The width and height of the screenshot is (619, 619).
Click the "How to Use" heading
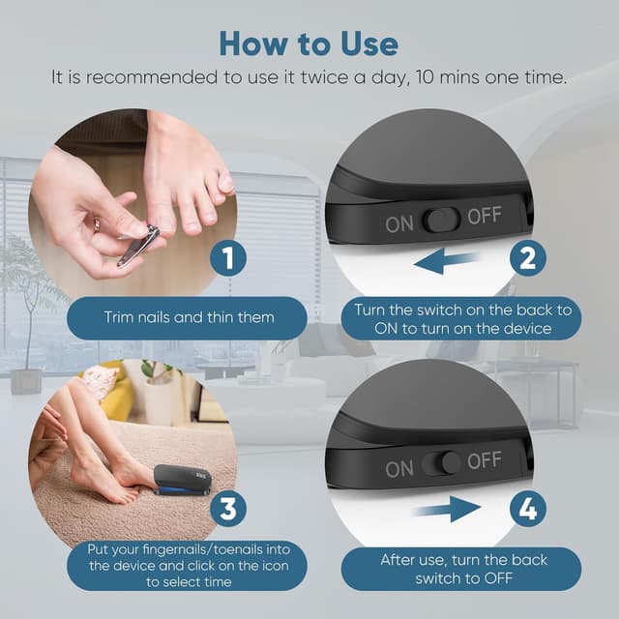pyautogui.click(x=309, y=44)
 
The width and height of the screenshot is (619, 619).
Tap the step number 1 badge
pyautogui.click(x=228, y=259)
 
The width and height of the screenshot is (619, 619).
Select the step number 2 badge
pyautogui.click(x=528, y=259)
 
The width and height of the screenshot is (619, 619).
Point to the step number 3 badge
pyautogui.click(x=228, y=509)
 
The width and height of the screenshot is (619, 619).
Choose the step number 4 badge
pyautogui.click(x=528, y=509)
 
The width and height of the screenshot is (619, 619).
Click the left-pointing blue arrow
pyautogui.click(x=447, y=261)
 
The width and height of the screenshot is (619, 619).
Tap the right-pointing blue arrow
pyautogui.click(x=446, y=510)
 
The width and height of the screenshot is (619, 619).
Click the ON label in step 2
pyautogui.click(x=399, y=224)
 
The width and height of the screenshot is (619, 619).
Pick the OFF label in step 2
pyautogui.click(x=485, y=215)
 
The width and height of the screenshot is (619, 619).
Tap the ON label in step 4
pyautogui.click(x=399, y=469)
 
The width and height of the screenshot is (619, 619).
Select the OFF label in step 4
pyautogui.click(x=485, y=460)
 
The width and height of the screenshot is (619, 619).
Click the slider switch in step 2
pyautogui.click(x=441, y=220)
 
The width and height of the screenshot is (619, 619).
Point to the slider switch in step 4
pyautogui.click(x=441, y=463)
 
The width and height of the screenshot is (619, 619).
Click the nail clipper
pyautogui.click(x=139, y=245)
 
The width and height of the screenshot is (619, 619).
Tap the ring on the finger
pyautogui.click(x=97, y=224)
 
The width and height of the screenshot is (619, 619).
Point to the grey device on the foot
pyautogui.click(x=183, y=480)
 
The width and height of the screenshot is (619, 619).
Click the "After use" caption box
pyautogui.click(x=461, y=569)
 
